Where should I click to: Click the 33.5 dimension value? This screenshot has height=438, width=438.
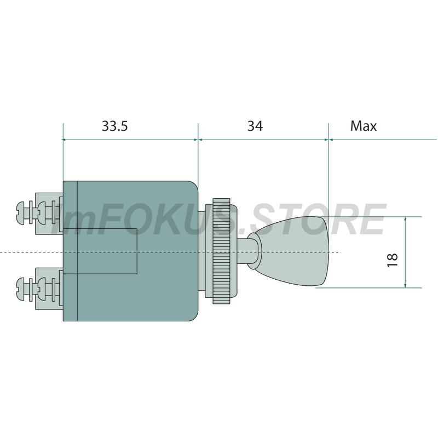click(114, 126)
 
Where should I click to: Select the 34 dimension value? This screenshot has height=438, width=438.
click(255, 126)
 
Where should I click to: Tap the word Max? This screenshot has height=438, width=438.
click(364, 126)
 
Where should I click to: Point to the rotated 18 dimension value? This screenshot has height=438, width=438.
click(393, 260)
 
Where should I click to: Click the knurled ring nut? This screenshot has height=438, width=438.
click(222, 251)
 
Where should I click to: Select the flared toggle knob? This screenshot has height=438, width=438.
click(291, 251)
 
